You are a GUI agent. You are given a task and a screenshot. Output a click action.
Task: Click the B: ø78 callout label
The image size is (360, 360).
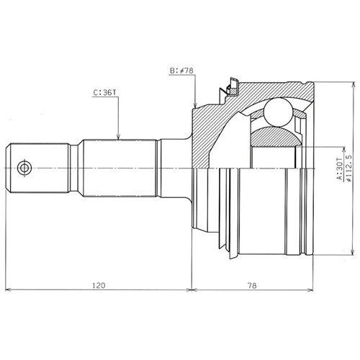click(x=181, y=71)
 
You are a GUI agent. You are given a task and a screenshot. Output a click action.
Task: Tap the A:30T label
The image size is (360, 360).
click(x=339, y=168)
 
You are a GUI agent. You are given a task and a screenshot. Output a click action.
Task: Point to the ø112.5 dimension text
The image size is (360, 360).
click(x=349, y=168)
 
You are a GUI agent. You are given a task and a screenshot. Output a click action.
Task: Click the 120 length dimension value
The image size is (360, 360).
click(x=99, y=285)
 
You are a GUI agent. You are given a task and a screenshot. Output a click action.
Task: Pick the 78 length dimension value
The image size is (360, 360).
click(x=252, y=285)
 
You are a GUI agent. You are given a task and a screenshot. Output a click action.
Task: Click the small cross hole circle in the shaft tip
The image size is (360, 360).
click(x=24, y=168)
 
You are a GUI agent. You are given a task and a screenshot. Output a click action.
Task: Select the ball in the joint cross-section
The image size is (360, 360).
click(x=278, y=112)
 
